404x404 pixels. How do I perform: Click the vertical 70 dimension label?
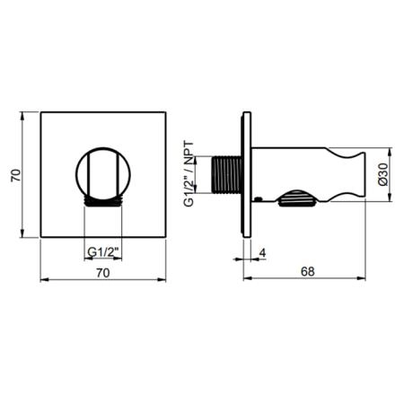coord(16,175)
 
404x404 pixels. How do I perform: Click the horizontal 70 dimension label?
coord(103,273)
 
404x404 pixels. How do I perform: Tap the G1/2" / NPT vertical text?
coord(189,174)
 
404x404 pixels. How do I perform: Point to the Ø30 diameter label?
coord(382,175)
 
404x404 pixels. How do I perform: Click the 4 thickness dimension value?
coord(262,253)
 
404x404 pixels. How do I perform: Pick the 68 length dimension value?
coord(308,271)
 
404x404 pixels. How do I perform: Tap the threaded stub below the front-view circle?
coord(103,202)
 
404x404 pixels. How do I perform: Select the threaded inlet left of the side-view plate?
coord(226,174)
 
